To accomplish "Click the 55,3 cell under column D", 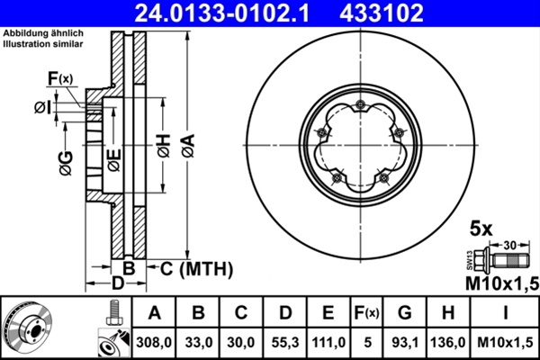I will [x=286, y=342].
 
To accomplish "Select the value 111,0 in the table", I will [x=329, y=342].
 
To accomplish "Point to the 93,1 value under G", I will [x=406, y=342].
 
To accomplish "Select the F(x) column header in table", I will [x=367, y=313].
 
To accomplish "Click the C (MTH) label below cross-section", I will [x=190, y=268].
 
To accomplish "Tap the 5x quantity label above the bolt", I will [x=481, y=229].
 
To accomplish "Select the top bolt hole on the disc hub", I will [x=359, y=106].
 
